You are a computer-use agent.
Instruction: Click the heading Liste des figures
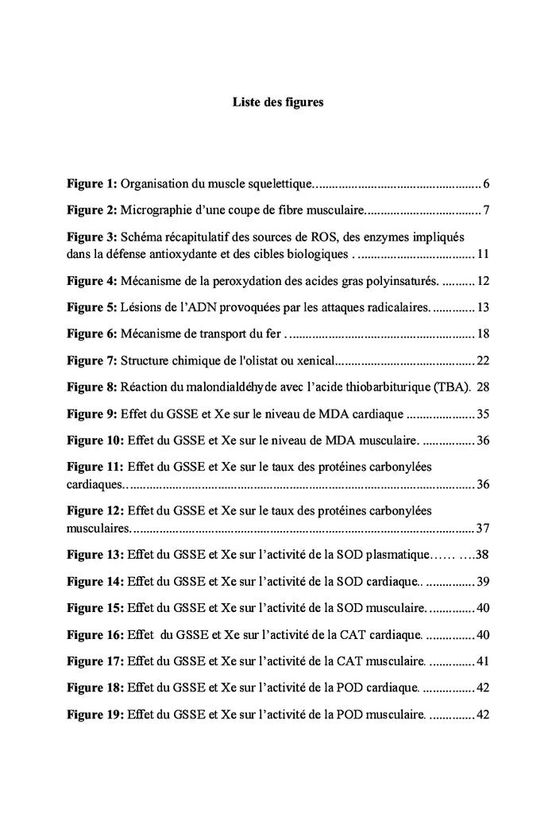point(277,102)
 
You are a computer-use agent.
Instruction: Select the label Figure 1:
point(91,185)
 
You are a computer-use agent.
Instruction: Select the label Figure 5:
point(91,307)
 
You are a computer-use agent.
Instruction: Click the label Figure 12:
point(95,510)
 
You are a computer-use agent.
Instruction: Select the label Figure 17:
point(95,661)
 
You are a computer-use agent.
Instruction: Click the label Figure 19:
point(95,714)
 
